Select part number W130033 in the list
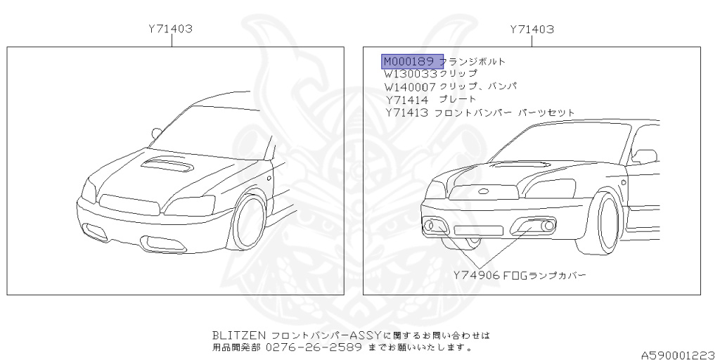pos(411,73)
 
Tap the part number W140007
pos(411,86)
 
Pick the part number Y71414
pos(406,99)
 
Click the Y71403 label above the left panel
pos(172,30)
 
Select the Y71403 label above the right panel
pos(532,30)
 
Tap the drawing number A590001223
pos(679,347)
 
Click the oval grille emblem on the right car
pos(484,191)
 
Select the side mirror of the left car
pos(156,132)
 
